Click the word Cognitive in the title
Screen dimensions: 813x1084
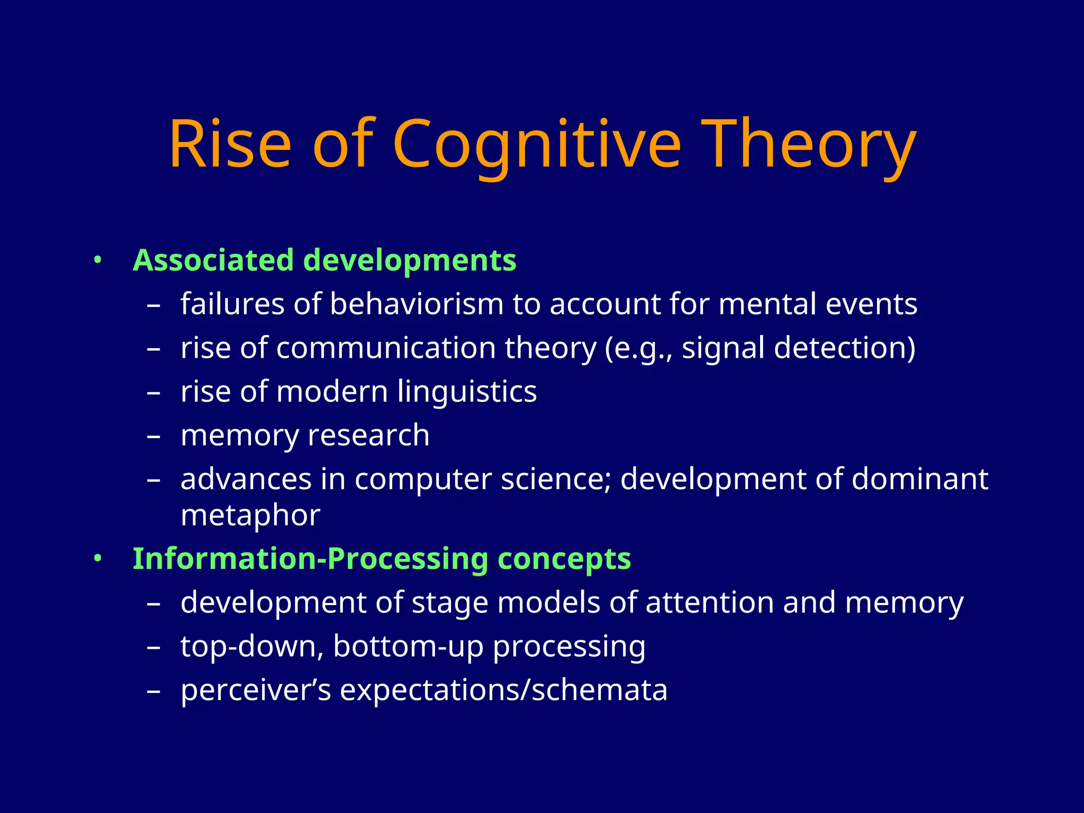(536, 144)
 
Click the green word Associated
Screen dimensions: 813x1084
(213, 260)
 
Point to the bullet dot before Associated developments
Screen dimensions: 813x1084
(97, 260)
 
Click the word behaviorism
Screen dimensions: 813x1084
(417, 304)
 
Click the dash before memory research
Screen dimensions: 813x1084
(153, 437)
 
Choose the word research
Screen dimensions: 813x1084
(368, 436)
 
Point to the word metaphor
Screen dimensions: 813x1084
(250, 515)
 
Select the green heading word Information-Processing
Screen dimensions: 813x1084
(310, 559)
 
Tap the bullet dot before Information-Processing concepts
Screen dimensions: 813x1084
(97, 559)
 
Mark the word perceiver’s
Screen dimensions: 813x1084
(256, 690)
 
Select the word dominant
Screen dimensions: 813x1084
(920, 479)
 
